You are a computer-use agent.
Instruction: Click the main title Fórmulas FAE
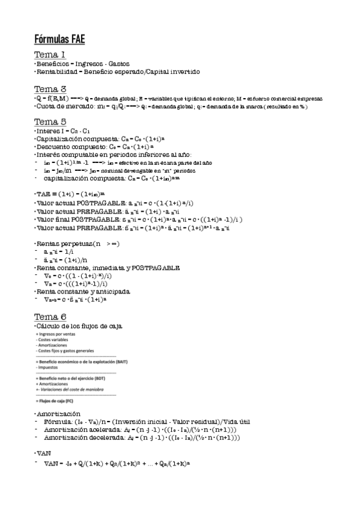[59, 40]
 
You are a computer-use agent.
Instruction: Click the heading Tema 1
[50, 55]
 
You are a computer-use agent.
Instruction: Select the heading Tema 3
[50, 89]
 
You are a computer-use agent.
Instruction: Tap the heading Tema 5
[50, 121]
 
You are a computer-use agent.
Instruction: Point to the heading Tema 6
[50, 317]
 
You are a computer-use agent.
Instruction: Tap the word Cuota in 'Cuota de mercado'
[46, 106]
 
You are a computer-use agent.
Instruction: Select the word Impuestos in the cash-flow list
[47, 366]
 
